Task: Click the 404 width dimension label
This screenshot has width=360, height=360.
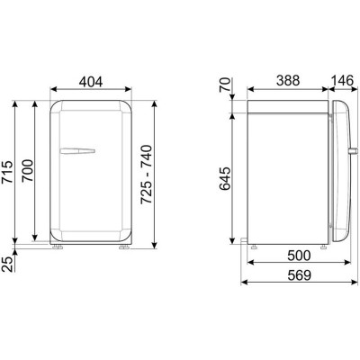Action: (x=91, y=81)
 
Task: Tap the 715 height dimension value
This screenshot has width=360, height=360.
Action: (x=8, y=172)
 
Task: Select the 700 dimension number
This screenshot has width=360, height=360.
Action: (x=28, y=171)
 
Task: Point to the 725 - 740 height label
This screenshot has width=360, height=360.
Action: (x=147, y=175)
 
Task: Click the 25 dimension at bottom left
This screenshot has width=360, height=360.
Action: (x=8, y=265)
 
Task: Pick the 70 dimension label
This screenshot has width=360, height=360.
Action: (x=225, y=85)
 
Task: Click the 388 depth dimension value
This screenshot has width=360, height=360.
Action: (x=288, y=81)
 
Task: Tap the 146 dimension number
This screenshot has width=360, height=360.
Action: (x=342, y=81)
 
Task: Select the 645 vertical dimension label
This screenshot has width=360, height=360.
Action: (x=225, y=179)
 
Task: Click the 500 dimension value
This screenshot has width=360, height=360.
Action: (x=299, y=256)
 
